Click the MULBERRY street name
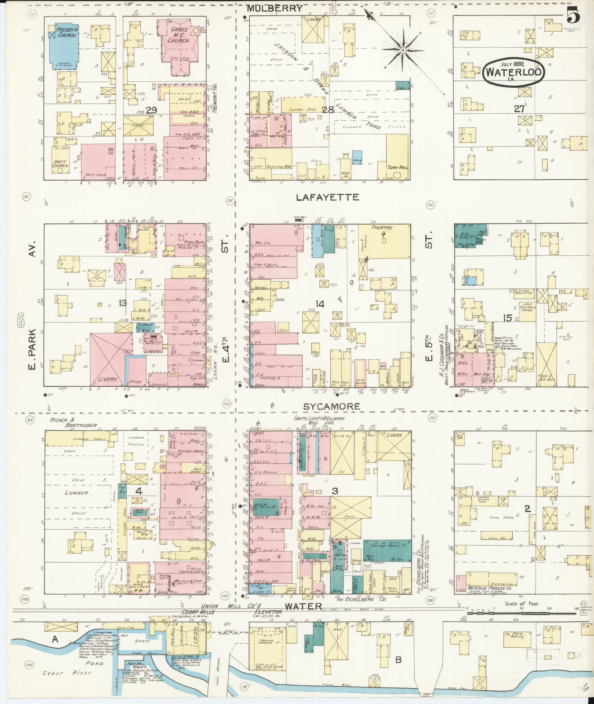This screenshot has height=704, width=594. click(x=274, y=8)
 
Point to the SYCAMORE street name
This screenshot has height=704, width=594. click(x=331, y=406)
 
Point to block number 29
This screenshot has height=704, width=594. click(x=151, y=110)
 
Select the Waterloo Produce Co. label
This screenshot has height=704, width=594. click(x=489, y=588)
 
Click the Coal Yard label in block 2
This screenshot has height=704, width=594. click(x=500, y=517)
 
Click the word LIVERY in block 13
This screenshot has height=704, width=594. click(x=108, y=379)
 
